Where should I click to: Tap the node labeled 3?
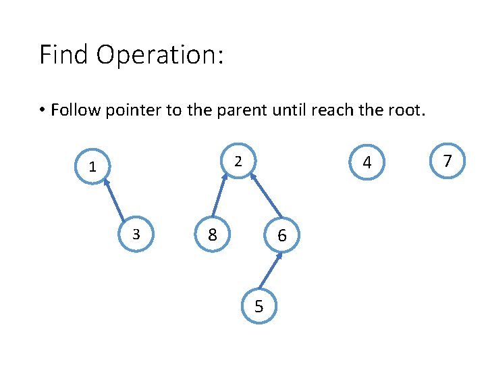coord(136,235)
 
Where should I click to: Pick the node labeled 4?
coord(367,163)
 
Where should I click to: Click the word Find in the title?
coord(64,55)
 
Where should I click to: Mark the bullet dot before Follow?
coord(42,110)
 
